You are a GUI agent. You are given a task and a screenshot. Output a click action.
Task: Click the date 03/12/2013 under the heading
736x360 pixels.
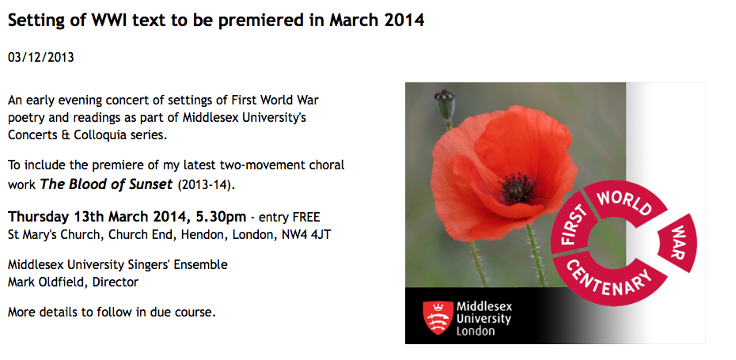[x=41, y=58]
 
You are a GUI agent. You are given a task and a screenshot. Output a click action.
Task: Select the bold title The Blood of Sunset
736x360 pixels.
[x=107, y=184]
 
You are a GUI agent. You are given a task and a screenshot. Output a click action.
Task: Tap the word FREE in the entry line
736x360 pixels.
[x=306, y=218]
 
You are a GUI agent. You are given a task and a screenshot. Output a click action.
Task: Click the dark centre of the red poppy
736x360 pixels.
[x=516, y=188]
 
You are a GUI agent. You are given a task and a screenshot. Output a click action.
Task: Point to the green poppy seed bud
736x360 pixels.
[x=445, y=104]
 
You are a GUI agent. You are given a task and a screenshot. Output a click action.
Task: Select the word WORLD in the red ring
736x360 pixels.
[x=624, y=203]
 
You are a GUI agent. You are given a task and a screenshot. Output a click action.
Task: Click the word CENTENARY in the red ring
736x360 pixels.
[x=609, y=279]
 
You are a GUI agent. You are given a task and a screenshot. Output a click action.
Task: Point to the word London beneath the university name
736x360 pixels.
[x=476, y=331]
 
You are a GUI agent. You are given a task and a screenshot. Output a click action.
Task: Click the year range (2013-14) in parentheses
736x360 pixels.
[x=206, y=185]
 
